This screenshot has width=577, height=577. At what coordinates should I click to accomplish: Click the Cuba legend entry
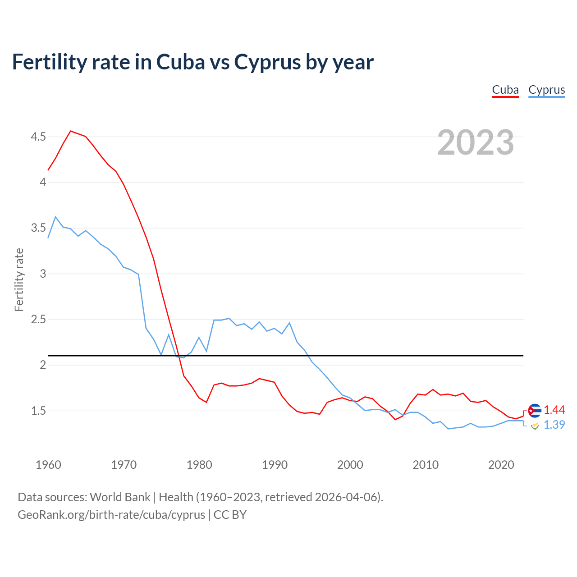[505, 90]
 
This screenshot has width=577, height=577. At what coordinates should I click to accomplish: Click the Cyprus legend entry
[546, 90]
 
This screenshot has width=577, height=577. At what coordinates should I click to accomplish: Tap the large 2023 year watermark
[476, 142]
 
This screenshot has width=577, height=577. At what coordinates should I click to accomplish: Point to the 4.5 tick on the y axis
[38, 137]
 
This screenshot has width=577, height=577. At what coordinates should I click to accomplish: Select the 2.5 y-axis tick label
[38, 320]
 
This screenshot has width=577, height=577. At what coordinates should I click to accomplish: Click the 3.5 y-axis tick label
[38, 228]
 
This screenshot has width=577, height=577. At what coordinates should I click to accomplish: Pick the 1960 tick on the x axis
[48, 465]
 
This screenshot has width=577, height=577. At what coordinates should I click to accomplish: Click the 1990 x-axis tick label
[275, 465]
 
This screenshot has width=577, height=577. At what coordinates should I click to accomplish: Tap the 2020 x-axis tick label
[501, 465]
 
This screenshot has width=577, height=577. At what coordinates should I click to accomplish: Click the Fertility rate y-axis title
[19, 279]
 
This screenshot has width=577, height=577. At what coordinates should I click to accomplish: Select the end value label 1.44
[554, 410]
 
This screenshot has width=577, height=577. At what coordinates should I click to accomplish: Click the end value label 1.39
[554, 425]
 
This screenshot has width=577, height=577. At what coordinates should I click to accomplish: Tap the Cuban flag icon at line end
[535, 411]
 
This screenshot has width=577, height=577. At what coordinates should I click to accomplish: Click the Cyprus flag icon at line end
[535, 426]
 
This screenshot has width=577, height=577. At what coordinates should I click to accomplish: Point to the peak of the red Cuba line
[71, 131]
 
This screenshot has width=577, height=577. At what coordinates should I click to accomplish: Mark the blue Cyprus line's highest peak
[55, 217]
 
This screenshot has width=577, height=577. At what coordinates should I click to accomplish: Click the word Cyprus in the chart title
[268, 62]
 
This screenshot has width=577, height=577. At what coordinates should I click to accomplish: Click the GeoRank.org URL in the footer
[111, 514]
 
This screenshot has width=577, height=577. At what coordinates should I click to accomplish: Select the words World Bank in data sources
[120, 497]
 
